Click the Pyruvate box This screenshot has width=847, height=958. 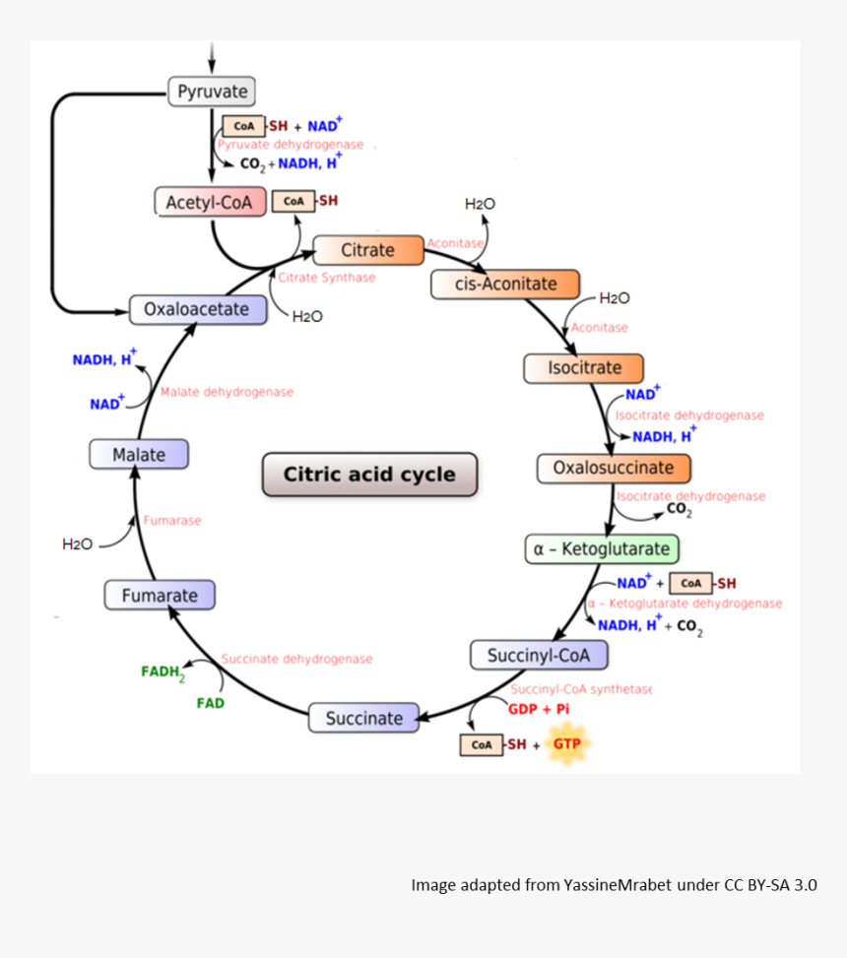pos(212,93)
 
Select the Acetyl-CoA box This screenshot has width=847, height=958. pos(209,203)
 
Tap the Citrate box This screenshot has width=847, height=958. pos(367,250)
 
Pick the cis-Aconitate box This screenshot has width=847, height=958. pos(505,285)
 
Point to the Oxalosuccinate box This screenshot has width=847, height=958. pos(613,468)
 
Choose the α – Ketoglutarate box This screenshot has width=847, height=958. pos(601,549)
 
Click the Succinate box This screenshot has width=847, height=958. pos(363,719)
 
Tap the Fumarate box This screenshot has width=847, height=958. pos(160,596)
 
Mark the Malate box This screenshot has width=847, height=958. pos(139,455)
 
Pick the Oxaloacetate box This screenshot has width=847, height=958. pos(197,309)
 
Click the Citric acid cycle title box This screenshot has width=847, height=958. pos(369,475)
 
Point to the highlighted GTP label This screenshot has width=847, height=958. pos(566,744)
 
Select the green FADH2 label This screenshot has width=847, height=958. pos(163,673)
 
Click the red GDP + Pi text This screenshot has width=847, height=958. pos(539,709)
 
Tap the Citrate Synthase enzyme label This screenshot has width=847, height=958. pos(326,278)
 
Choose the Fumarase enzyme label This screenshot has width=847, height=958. pos(171,520)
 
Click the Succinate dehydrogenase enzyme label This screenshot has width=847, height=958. pos(296,658)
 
